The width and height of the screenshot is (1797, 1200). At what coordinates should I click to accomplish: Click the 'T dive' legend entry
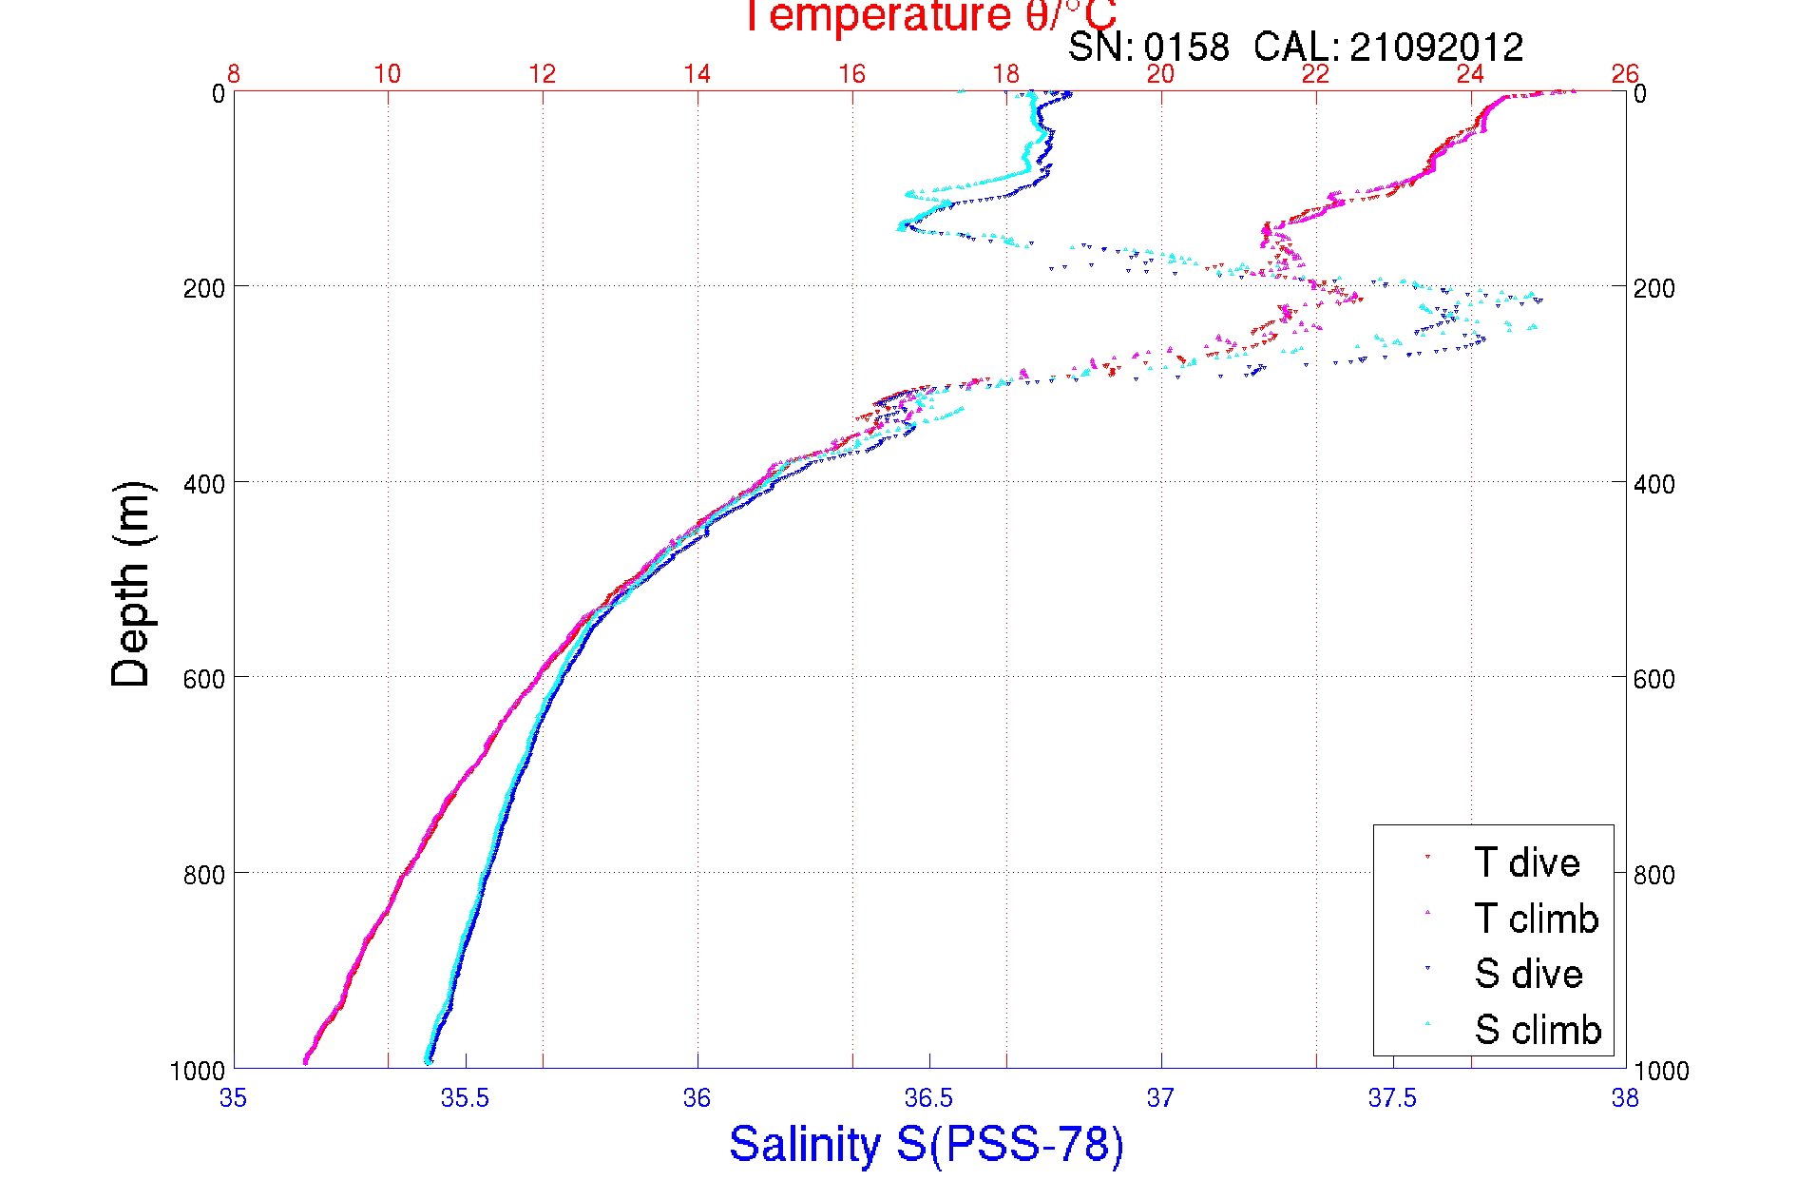point(1526,862)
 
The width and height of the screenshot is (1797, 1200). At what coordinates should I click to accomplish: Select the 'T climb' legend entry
point(1536,919)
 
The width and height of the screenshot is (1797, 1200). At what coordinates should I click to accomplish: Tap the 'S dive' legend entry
point(1528,974)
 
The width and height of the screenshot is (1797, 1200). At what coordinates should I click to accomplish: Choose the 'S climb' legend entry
point(1538,1030)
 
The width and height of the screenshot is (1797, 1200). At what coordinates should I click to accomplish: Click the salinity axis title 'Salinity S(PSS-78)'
point(927,1144)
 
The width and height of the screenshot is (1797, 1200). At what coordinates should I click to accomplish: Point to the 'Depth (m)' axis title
point(131,584)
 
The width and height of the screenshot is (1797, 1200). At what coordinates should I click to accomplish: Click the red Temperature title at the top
point(928,16)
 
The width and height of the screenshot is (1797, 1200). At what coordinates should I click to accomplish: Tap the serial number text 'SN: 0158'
point(1148,47)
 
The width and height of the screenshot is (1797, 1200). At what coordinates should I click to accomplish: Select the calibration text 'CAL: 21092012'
point(1388,47)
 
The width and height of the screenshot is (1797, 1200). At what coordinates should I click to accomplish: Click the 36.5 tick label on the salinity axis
point(928,1098)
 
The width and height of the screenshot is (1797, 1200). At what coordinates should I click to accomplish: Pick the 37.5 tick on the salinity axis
point(1392,1098)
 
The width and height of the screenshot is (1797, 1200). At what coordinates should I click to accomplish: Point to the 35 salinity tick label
point(233,1098)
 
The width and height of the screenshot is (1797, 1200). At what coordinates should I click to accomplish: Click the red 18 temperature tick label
point(1006,74)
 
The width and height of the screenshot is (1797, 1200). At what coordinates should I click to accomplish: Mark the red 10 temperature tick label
point(387,74)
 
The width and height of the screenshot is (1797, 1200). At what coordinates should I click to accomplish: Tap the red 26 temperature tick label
point(1625,74)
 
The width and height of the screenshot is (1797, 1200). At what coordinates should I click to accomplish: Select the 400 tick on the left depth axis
point(203,484)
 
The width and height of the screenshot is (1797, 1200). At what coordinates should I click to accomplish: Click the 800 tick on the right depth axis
point(1654,875)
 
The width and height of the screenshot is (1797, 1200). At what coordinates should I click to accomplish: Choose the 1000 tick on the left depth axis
point(198,1071)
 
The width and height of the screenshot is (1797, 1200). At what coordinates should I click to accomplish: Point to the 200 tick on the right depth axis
point(1654,288)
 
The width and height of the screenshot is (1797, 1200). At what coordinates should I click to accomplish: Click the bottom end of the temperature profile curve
point(305,1061)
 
